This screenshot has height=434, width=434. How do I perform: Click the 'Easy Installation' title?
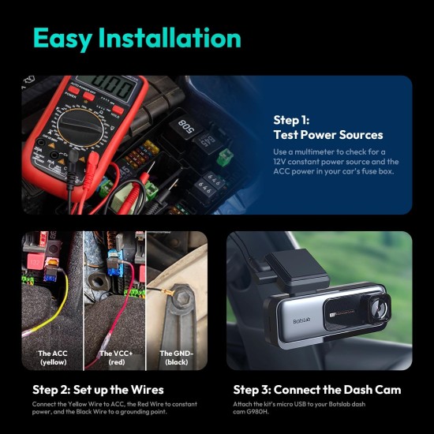(137, 39)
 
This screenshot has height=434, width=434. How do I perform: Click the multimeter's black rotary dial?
(80, 127)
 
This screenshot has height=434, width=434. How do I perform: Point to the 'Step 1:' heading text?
(291, 120)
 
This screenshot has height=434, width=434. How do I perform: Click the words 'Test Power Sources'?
(328, 135)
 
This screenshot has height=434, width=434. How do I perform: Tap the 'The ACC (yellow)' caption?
(53, 357)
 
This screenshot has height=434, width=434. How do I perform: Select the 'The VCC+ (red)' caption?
(116, 357)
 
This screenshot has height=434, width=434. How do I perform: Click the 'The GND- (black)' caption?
(176, 357)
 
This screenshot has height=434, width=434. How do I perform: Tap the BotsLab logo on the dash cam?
(301, 320)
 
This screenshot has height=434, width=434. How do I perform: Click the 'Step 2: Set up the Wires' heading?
(98, 390)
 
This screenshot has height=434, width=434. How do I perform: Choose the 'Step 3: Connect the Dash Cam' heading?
(317, 390)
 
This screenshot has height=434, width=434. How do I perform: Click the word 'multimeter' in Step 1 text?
(314, 152)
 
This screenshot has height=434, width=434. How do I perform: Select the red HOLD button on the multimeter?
(118, 110)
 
